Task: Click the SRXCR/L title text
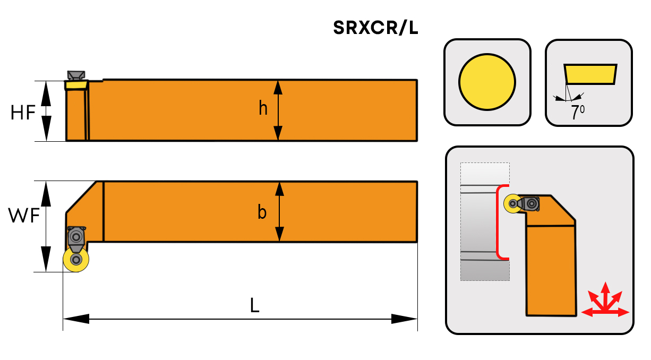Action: [x=375, y=28]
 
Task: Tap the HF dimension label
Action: [x=23, y=112]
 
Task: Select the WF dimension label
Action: [x=24, y=216]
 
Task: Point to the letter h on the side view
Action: [x=263, y=108]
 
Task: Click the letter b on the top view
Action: [x=262, y=212]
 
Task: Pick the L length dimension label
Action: [x=255, y=305]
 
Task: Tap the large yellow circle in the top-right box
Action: [x=487, y=82]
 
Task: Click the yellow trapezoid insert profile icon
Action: [x=590, y=74]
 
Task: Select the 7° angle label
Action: [x=577, y=113]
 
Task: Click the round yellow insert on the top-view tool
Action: [x=76, y=259]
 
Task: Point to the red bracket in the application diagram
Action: [x=499, y=222]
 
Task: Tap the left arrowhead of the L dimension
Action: [x=76, y=319]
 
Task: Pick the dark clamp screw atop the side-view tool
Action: [x=76, y=74]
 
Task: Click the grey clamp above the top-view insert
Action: [x=76, y=236]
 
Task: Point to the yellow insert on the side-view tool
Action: [x=76, y=84]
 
